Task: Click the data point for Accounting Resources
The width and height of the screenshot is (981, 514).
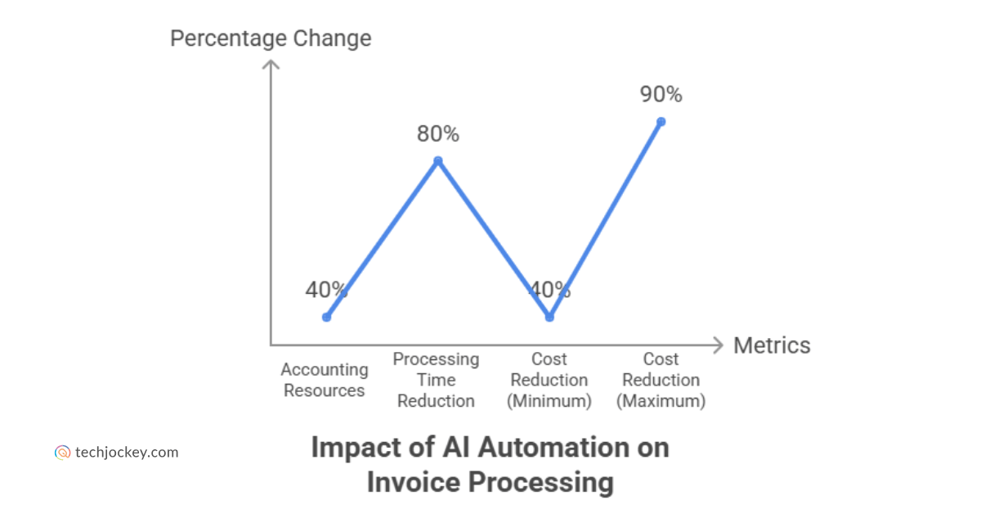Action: [327, 317]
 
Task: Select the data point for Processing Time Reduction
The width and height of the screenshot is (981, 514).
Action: [438, 160]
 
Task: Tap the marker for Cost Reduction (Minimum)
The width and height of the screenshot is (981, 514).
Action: [549, 317]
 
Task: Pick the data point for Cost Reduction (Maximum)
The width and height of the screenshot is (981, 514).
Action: [661, 121]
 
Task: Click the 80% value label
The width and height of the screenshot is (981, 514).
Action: [438, 134]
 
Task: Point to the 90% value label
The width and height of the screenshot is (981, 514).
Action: [661, 94]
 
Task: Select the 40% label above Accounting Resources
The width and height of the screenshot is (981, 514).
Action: [326, 290]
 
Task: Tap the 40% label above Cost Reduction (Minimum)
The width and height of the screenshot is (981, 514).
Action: [549, 290]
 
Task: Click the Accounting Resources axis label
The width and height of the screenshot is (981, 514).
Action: [324, 380]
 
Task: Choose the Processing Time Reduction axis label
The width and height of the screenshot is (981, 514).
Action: [436, 380]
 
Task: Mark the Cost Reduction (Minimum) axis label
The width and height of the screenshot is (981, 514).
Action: [549, 380]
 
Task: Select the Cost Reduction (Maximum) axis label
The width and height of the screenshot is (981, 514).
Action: [661, 380]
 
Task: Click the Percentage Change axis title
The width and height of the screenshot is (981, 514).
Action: [271, 38]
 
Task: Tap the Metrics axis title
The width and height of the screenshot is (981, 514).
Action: [772, 345]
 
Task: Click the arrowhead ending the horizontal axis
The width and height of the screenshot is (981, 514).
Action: [718, 345]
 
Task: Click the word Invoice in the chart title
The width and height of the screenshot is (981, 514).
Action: [413, 482]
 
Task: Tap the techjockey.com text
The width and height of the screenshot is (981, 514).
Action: [127, 452]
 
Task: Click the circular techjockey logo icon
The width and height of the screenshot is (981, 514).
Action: [62, 452]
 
